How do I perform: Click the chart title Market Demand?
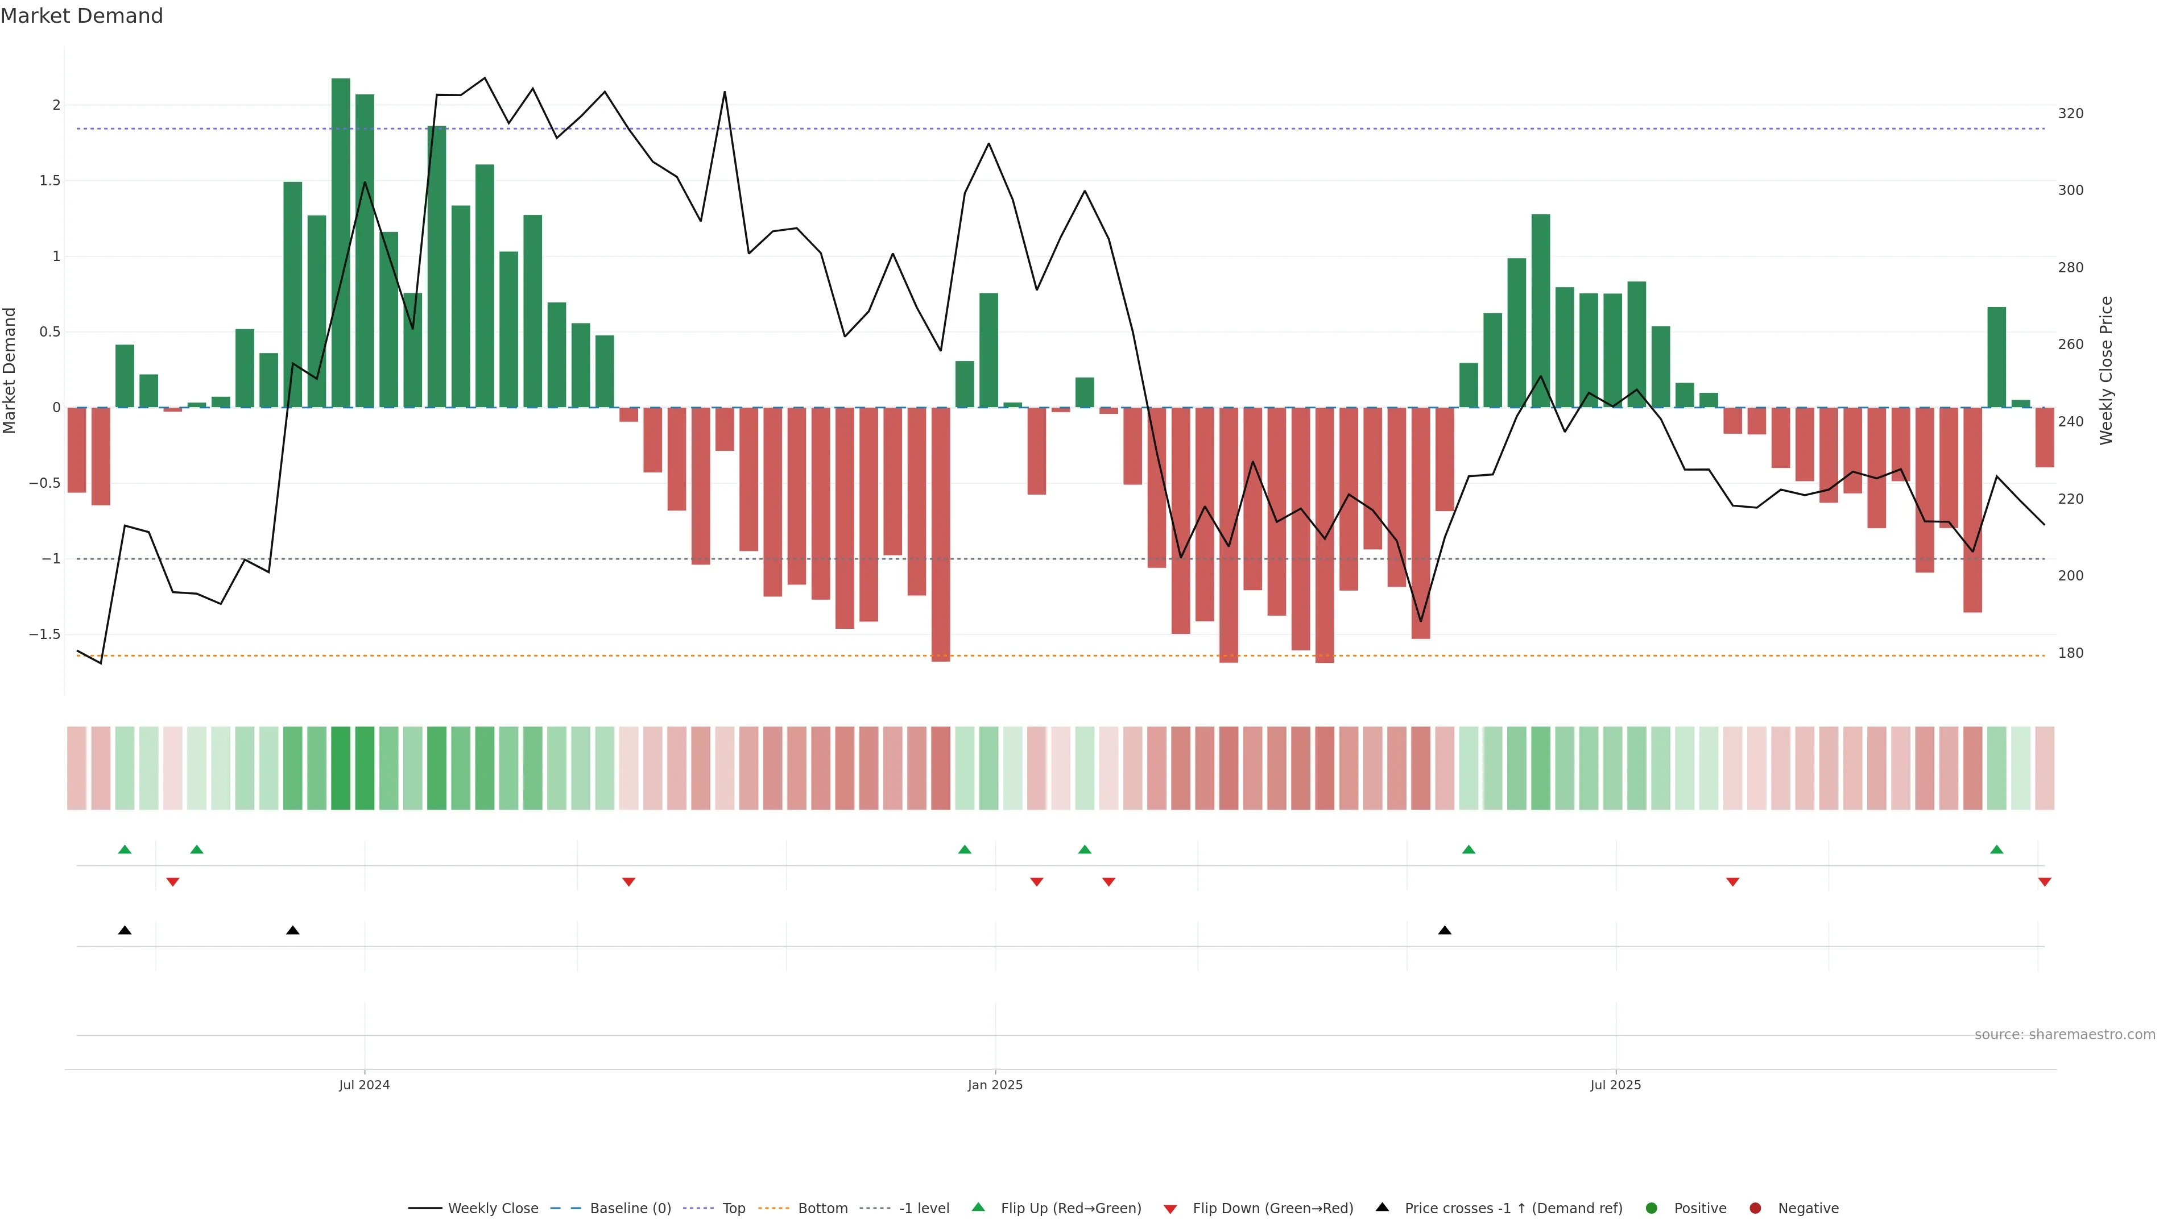point(81,16)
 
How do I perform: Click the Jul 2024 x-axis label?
point(365,1085)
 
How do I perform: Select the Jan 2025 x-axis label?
point(995,1085)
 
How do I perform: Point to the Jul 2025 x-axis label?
point(1615,1085)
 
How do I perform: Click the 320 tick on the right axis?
point(2070,114)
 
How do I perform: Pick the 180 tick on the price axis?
point(2070,653)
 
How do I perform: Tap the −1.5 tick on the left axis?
point(45,634)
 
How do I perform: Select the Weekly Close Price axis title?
point(2106,370)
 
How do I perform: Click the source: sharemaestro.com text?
point(2065,1035)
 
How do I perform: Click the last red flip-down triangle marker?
point(2044,882)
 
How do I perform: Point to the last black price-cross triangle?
point(1445,931)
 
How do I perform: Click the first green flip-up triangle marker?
point(125,849)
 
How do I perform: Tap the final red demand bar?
point(2044,437)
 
